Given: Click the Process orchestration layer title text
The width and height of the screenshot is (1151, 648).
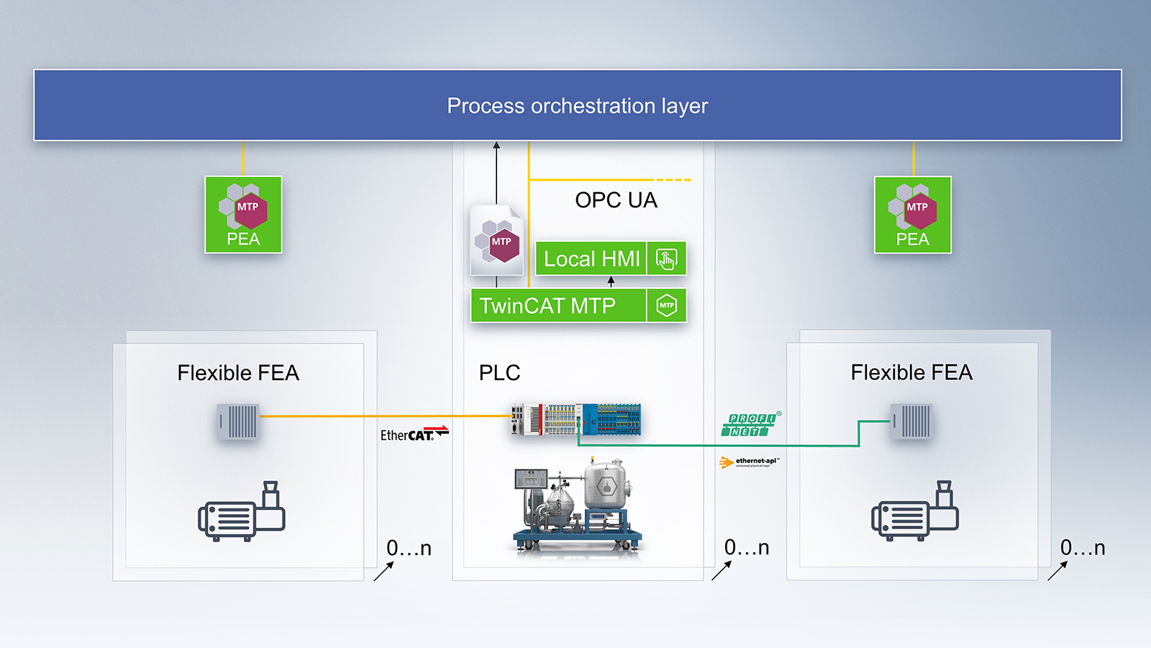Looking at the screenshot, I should click(x=577, y=106).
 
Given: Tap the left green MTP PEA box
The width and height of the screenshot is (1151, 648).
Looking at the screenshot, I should click(x=243, y=215).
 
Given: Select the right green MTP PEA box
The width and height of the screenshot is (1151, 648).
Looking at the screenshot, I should click(x=912, y=215).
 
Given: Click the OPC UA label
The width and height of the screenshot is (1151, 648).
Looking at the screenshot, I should click(x=616, y=200).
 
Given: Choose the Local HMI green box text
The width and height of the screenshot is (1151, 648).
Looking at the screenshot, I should click(x=591, y=258).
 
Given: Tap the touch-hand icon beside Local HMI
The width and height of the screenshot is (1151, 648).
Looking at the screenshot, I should click(x=666, y=258).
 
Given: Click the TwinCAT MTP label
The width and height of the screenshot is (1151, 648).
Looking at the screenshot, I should click(x=547, y=306).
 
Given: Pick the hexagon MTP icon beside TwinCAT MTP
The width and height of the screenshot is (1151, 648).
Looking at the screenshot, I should click(x=666, y=305).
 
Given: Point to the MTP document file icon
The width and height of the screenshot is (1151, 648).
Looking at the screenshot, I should click(x=496, y=240).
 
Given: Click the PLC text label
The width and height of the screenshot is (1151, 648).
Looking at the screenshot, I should click(x=499, y=373).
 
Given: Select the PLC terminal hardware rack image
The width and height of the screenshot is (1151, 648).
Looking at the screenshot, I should click(x=575, y=420).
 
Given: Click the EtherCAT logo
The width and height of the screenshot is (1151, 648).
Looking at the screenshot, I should click(x=414, y=433).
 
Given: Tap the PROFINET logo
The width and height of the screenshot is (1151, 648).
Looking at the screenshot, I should click(x=750, y=425).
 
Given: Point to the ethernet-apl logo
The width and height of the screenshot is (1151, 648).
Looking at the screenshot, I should click(x=749, y=462).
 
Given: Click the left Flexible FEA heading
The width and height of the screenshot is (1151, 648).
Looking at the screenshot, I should click(x=238, y=373).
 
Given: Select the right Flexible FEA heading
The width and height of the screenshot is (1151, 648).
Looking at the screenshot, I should click(x=911, y=372).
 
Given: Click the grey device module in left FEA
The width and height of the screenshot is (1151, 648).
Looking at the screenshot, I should click(x=238, y=422).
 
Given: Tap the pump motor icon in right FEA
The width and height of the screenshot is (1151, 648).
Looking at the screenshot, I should click(x=914, y=512).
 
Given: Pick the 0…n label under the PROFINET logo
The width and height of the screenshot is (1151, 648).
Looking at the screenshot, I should click(x=746, y=548).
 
